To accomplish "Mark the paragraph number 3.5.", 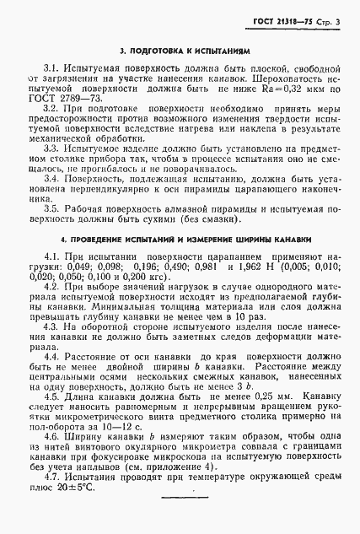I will (52, 208).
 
